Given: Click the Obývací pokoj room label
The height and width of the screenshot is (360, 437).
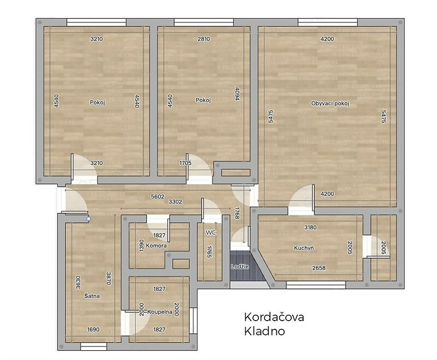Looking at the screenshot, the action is click(x=330, y=104).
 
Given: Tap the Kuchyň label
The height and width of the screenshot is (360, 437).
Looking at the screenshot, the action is click(x=304, y=247).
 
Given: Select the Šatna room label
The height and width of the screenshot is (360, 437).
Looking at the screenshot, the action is click(x=92, y=296).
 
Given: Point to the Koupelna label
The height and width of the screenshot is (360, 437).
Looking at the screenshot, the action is click(x=160, y=312).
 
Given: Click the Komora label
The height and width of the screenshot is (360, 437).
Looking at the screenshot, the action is click(x=156, y=246).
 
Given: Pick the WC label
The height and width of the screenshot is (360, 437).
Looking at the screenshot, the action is click(x=211, y=232).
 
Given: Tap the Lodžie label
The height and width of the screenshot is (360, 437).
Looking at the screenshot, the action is click(x=240, y=267).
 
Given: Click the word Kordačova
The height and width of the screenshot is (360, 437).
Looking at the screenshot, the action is click(x=274, y=317).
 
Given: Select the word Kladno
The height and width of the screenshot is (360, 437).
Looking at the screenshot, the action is click(x=264, y=331).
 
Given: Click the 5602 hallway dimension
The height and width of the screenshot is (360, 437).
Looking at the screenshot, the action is click(x=158, y=197).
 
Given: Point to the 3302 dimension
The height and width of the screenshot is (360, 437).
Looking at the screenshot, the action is click(x=175, y=202).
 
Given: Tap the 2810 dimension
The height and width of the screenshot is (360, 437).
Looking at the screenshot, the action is click(x=204, y=39).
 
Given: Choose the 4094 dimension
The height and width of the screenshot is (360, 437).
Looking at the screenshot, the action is click(x=237, y=94).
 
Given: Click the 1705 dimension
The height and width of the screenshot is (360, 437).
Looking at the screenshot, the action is click(x=185, y=163).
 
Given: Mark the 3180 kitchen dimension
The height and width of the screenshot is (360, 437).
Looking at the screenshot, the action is click(x=310, y=227).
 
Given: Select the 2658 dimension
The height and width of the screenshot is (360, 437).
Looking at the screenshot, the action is click(x=319, y=268).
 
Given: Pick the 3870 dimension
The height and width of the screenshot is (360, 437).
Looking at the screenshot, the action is click(x=109, y=278).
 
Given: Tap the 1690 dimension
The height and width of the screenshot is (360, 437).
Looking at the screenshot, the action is click(x=93, y=329).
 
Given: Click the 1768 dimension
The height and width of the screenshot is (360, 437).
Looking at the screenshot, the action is click(x=237, y=213).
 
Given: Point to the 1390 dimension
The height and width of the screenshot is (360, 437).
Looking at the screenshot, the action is click(x=141, y=245).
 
